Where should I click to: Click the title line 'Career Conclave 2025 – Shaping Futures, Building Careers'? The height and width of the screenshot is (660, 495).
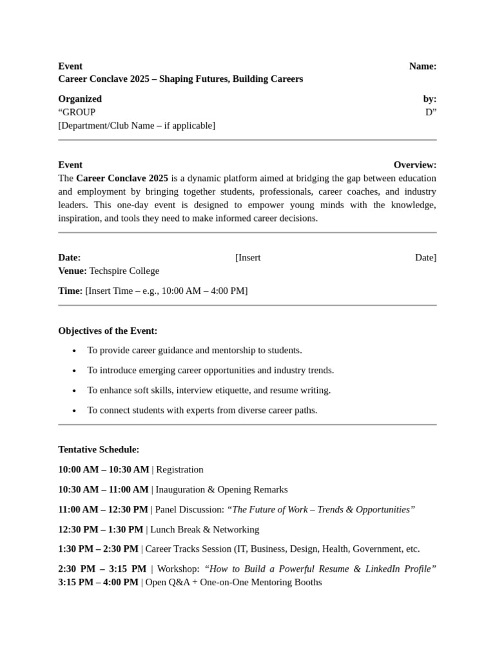(x=180, y=79)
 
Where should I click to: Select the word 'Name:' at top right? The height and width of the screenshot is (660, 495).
(x=422, y=66)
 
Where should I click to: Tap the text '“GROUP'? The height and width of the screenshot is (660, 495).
(x=77, y=112)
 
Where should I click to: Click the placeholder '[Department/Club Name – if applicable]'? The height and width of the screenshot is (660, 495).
(x=137, y=126)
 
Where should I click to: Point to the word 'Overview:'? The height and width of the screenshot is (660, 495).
(x=414, y=165)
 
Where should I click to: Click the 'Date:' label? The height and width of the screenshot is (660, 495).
(x=70, y=258)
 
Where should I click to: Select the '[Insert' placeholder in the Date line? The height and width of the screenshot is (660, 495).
(x=248, y=258)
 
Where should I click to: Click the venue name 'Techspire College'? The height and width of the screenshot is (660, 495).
(x=124, y=271)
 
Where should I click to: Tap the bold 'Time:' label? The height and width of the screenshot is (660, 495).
(x=70, y=291)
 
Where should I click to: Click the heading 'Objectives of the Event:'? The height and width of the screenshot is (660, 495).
(x=108, y=331)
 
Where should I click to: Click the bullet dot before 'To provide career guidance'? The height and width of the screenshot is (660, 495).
(x=74, y=351)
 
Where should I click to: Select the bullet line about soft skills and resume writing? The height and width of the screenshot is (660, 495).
(x=209, y=390)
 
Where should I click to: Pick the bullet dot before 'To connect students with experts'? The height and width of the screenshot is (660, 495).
(x=74, y=411)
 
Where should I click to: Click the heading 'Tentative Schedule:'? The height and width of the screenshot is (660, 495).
(x=99, y=449)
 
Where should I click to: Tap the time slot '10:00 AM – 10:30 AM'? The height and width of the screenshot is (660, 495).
(x=103, y=469)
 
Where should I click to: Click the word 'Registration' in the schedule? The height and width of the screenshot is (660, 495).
(x=180, y=469)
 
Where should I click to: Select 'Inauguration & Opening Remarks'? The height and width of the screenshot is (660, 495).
(x=222, y=489)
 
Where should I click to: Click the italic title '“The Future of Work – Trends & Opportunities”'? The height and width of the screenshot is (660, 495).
(x=321, y=509)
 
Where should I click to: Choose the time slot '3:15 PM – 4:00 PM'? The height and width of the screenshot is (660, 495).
(x=98, y=582)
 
